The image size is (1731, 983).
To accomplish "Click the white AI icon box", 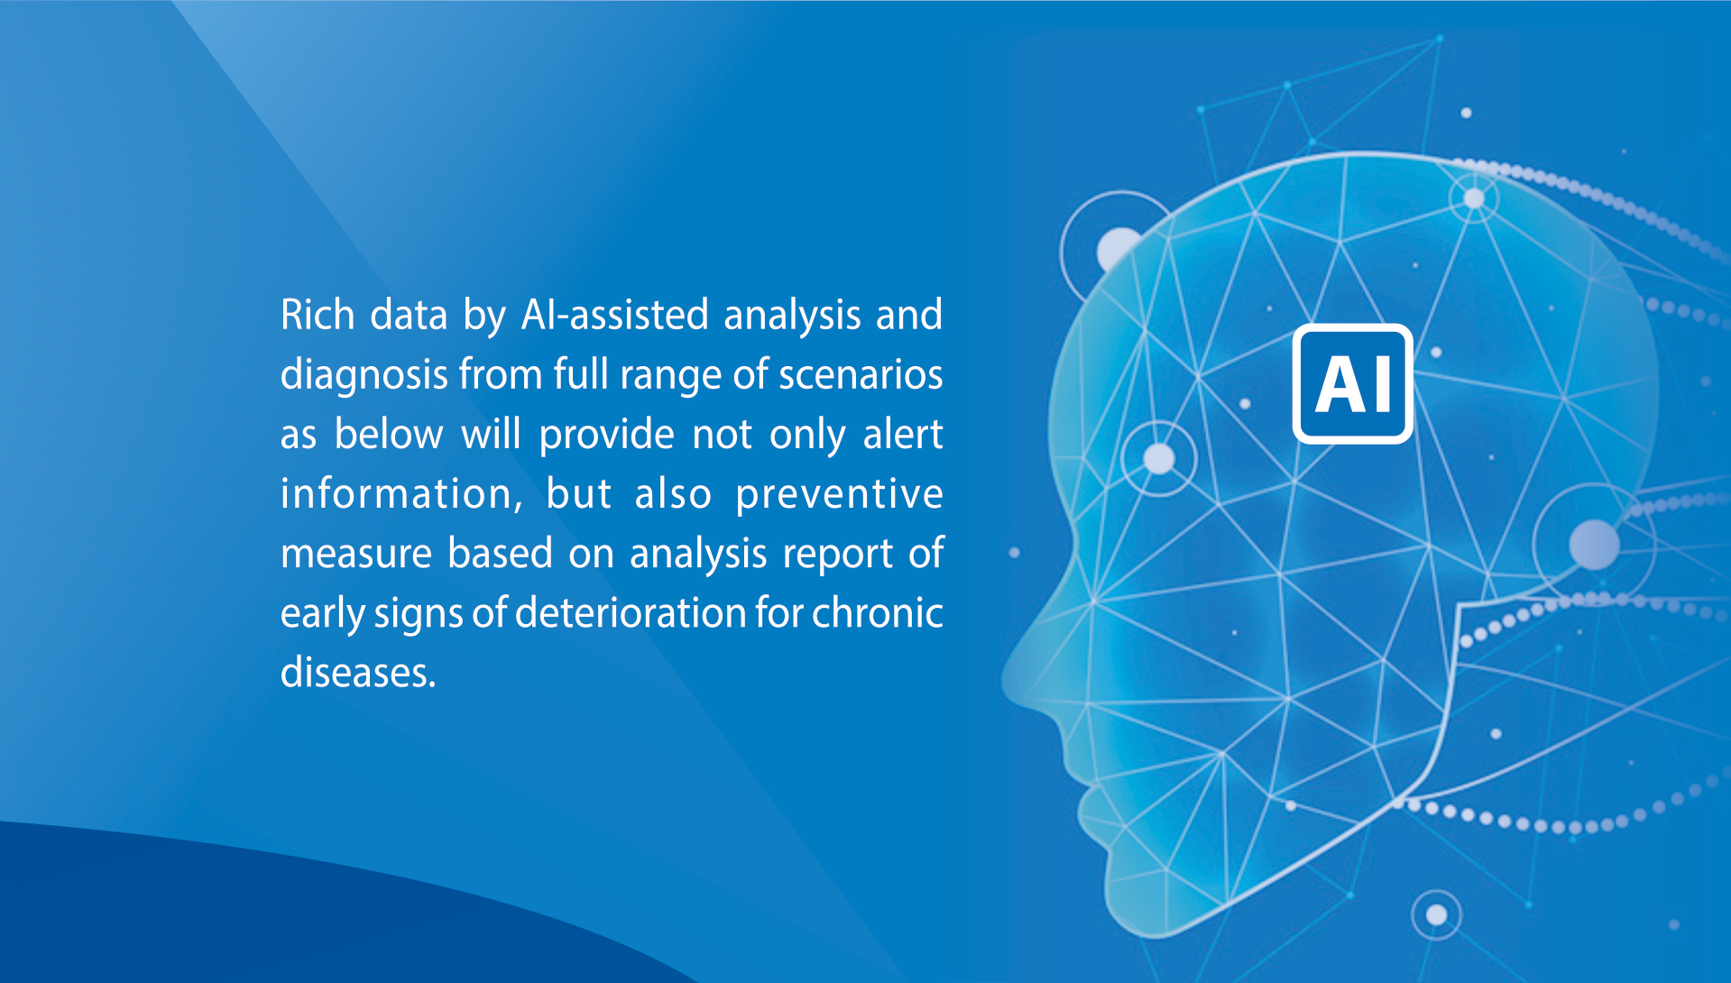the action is (x=1352, y=383).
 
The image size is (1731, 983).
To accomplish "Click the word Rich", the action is (x=318, y=315).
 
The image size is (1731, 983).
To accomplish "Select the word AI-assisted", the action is (x=615, y=315).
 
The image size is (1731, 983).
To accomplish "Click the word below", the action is (x=389, y=434).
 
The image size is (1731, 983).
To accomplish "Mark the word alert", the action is (x=903, y=434).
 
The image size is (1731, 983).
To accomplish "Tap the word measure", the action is (x=356, y=554).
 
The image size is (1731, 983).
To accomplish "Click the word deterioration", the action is (x=630, y=613).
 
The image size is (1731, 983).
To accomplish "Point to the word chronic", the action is (x=878, y=613).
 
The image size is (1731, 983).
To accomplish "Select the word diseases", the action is (x=358, y=673).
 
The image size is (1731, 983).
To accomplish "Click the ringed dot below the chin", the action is (x=1436, y=915).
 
